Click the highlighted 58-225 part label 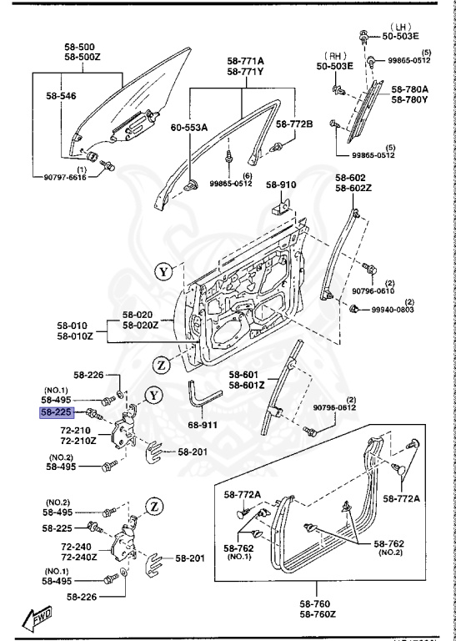point(58,413)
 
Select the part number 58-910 point(281,184)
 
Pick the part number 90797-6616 point(58,176)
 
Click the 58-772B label point(294,124)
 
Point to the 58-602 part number point(350,178)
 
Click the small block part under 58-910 point(280,205)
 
